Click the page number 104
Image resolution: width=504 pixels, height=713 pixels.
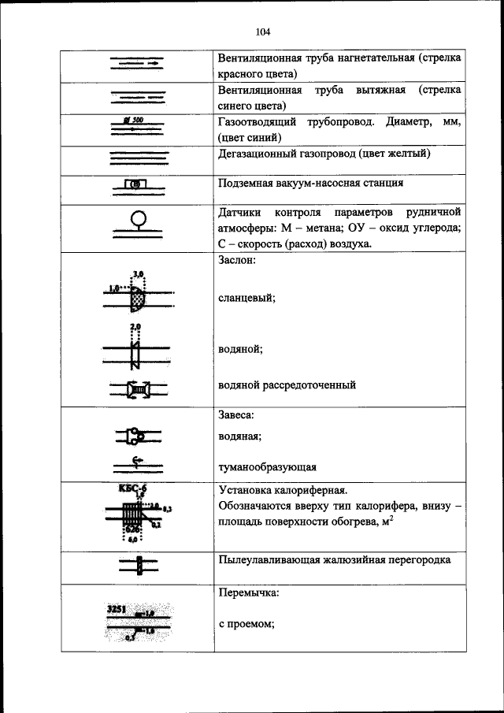pyautogui.click(x=263, y=32)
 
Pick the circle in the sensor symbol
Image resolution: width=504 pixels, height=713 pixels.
pyautogui.click(x=138, y=217)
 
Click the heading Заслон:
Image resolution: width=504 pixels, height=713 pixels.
pyautogui.click(x=236, y=262)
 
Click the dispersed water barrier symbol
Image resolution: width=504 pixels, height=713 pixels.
pyautogui.click(x=138, y=388)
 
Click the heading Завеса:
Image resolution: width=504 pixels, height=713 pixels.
pyautogui.click(x=236, y=414)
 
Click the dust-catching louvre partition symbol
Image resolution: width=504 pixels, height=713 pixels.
pyautogui.click(x=138, y=566)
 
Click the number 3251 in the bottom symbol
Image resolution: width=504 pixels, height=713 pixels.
pyautogui.click(x=117, y=610)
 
